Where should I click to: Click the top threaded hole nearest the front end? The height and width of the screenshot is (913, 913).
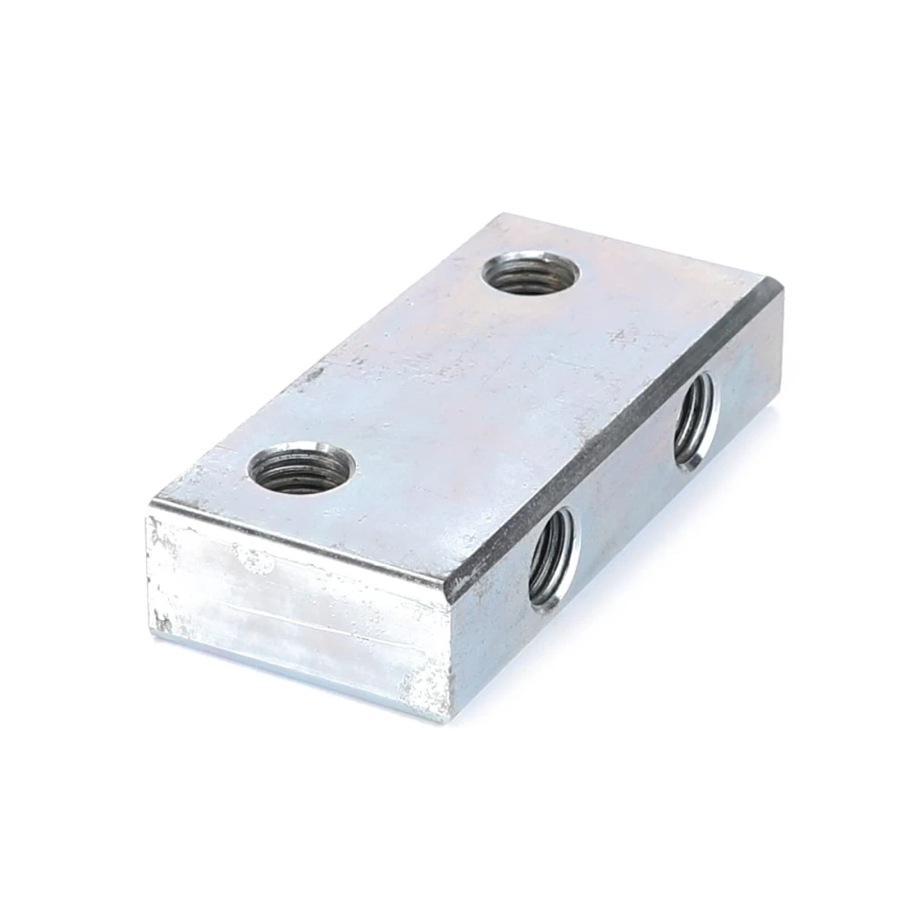pos(300,467)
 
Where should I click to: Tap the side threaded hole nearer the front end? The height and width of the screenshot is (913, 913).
pos(552,557)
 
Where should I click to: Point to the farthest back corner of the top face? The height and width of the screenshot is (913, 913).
pos(498,215)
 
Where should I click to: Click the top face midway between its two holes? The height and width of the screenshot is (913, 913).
pos(415,370)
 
